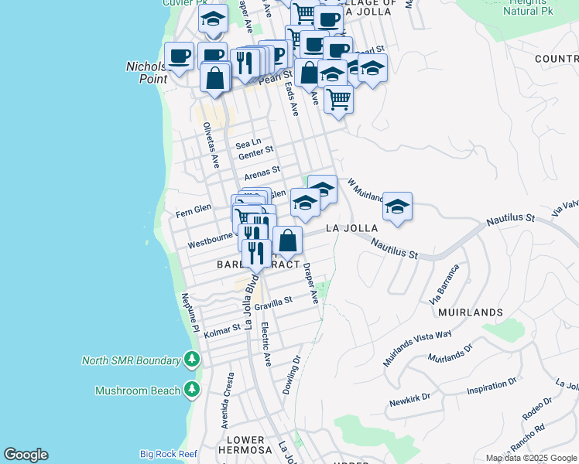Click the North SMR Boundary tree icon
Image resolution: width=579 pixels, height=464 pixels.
point(192,360)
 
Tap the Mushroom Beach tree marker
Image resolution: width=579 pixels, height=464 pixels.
point(192,391)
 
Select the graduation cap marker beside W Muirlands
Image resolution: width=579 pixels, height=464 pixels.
point(397,206)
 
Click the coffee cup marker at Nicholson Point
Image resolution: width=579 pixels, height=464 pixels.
point(179,56)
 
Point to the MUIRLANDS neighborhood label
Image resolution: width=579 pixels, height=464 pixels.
point(470,312)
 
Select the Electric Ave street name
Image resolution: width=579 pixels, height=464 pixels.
point(266,344)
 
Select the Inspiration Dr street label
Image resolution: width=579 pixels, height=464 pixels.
point(492,387)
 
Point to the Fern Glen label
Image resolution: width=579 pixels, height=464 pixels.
point(194,210)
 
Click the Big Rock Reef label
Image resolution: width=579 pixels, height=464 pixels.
point(168,454)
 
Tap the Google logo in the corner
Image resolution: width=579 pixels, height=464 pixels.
point(26,455)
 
